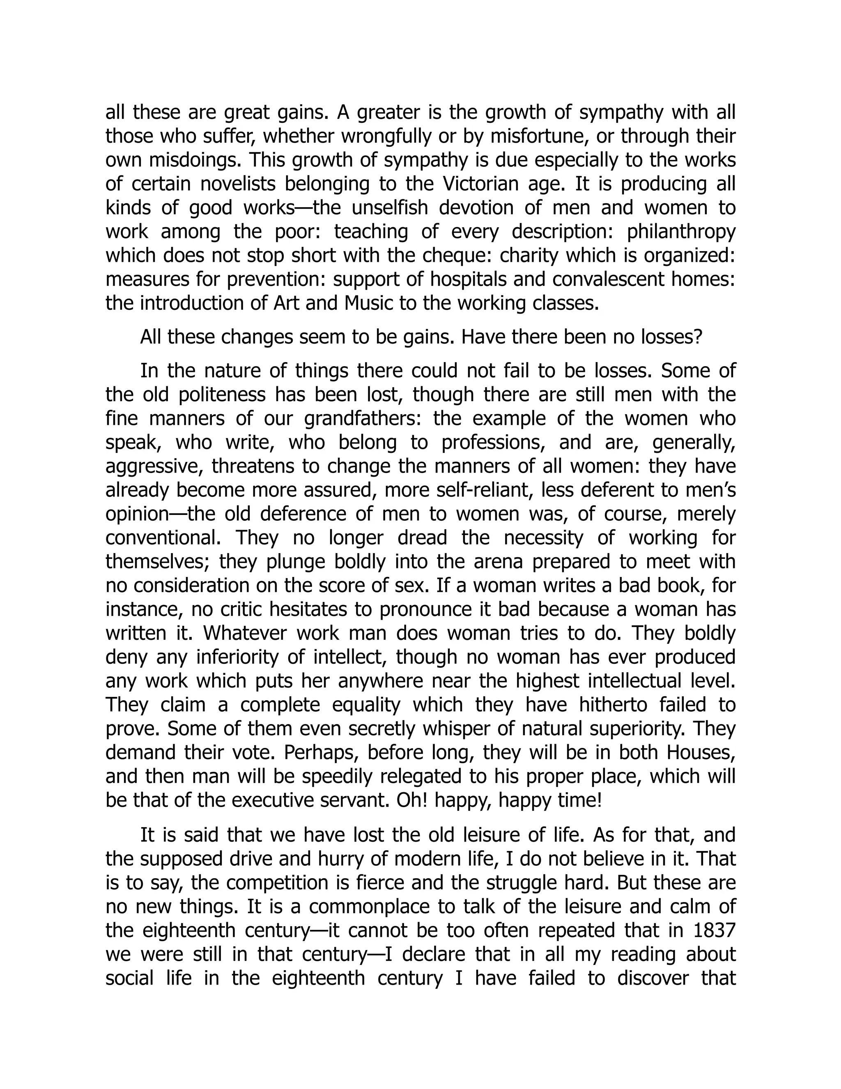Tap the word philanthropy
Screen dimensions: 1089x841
681,232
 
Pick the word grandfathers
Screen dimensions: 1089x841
363,418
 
